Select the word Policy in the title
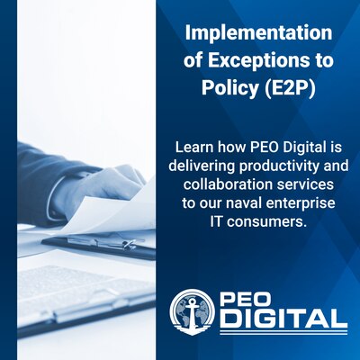coord(221,91)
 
